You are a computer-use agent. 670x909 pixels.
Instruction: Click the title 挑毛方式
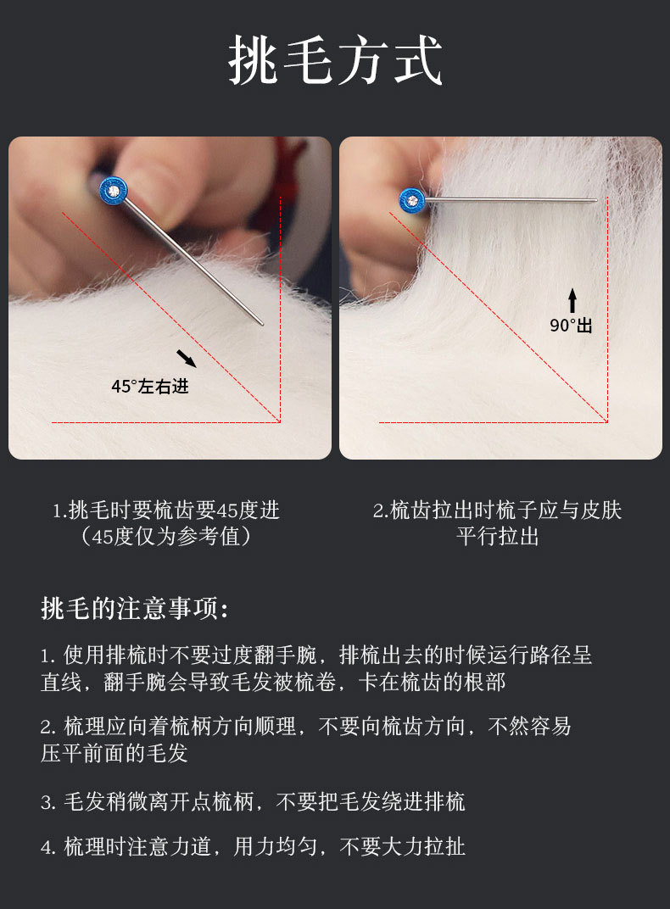335,59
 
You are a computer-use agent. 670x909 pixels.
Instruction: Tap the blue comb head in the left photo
113,191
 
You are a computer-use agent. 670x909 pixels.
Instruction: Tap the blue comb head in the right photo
412,201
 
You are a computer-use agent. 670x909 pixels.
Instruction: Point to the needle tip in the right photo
595,201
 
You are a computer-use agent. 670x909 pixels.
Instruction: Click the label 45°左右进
150,386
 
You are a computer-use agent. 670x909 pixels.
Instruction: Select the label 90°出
571,326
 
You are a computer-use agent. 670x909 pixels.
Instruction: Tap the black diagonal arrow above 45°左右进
186,358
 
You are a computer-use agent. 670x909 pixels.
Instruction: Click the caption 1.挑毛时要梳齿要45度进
166,510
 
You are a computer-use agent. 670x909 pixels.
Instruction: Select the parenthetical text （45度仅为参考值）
166,536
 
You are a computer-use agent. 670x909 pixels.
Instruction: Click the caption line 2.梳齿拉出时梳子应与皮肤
497,510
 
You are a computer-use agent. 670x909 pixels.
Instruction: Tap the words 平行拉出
497,536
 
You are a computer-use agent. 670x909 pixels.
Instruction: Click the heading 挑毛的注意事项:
135,608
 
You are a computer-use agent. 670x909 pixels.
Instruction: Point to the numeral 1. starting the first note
48,656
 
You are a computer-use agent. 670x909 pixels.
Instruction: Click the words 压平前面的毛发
114,753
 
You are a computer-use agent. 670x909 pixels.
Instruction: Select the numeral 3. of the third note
48,803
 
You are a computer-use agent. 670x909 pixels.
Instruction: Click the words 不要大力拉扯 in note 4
402,846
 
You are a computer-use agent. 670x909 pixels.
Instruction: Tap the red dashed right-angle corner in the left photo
280,422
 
